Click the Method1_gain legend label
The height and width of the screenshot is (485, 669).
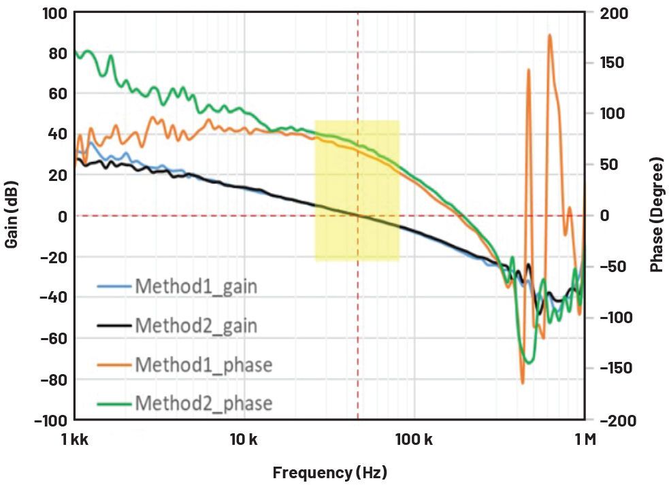(x=196, y=286)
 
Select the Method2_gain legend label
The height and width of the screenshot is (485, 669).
(x=196, y=325)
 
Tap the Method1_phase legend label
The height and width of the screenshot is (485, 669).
(x=203, y=365)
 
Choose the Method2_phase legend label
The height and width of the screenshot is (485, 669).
(x=203, y=403)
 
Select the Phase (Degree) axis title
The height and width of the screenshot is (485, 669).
(x=656, y=216)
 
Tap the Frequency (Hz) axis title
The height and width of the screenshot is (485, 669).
(x=330, y=472)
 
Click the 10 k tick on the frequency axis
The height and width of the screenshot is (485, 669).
(x=244, y=439)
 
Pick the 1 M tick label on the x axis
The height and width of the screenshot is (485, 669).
(x=585, y=439)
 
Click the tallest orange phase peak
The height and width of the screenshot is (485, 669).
(x=549, y=35)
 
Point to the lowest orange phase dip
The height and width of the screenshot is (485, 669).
(x=523, y=383)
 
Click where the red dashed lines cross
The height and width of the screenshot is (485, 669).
(x=357, y=216)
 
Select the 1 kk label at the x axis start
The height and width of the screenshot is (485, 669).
(x=75, y=439)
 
